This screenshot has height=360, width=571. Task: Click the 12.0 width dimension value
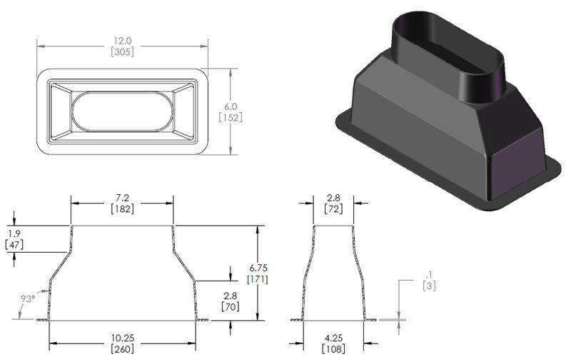pos(122,40)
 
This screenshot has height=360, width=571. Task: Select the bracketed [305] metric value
pos(122,51)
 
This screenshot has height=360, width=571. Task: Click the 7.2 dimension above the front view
pos(121,195)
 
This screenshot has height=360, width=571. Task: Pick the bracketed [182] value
pos(121,207)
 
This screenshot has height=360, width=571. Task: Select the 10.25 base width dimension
pos(121,338)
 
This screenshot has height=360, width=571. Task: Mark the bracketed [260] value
pos(121,349)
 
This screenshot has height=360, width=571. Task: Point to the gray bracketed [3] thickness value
pos(429,286)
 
